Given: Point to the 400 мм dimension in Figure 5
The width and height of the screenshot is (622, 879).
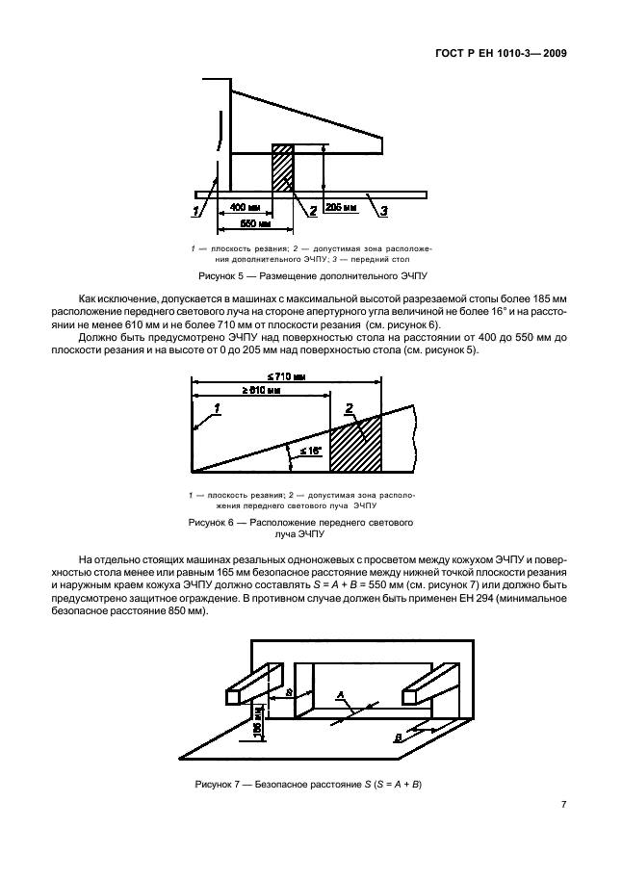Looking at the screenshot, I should [x=246, y=208].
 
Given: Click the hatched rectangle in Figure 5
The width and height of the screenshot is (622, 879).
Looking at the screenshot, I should [x=283, y=169].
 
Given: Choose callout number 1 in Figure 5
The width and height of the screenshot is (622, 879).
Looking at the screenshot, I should [x=196, y=210].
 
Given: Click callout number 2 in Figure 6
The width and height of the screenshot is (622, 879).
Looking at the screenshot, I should [x=349, y=408].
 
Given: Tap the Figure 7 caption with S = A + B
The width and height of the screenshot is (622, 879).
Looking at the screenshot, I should [x=308, y=784].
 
